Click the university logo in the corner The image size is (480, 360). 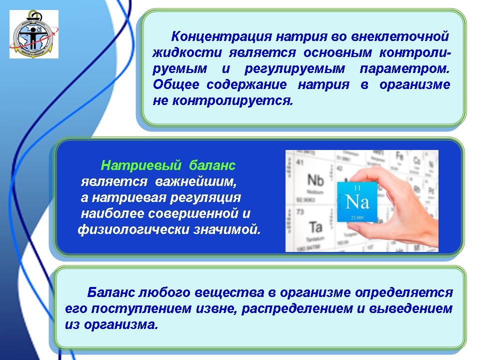pyautogui.click(x=34, y=34)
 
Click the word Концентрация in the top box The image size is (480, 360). pyautogui.click(x=221, y=36)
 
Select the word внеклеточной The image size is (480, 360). pyautogui.click(x=400, y=36)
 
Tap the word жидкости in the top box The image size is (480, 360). pyautogui.click(x=187, y=52)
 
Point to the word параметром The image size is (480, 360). pyautogui.click(x=404, y=68)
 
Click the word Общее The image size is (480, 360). pyautogui.click(x=176, y=84)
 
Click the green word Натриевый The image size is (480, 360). pyautogui.click(x=141, y=165)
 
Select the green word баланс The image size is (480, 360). pyautogui.click(x=212, y=165)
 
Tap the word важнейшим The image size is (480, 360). pyautogui.click(x=196, y=181)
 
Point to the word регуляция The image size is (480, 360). pyautogui.click(x=205, y=198)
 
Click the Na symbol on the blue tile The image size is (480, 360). pyautogui.click(x=357, y=202)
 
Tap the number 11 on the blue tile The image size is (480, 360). pyautogui.click(x=357, y=187)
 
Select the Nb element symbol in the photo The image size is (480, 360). pyautogui.click(x=315, y=180)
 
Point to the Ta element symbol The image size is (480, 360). pyautogui.click(x=315, y=227)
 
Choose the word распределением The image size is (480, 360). pyautogui.click(x=297, y=308)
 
